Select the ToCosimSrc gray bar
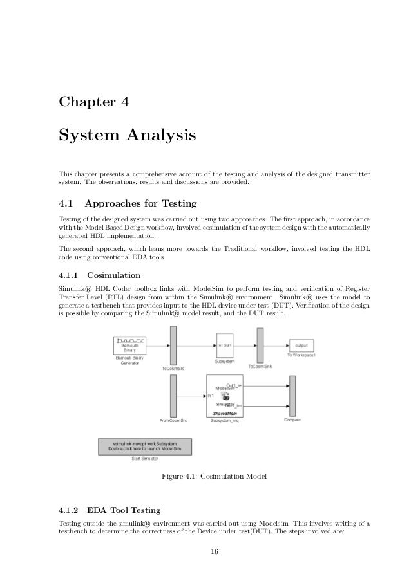point(173,345)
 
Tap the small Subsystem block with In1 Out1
point(224,345)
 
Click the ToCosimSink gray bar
point(260,345)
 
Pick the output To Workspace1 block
point(301,345)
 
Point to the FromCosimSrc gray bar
point(173,395)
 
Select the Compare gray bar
point(292,395)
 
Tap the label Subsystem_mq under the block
point(224,421)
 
